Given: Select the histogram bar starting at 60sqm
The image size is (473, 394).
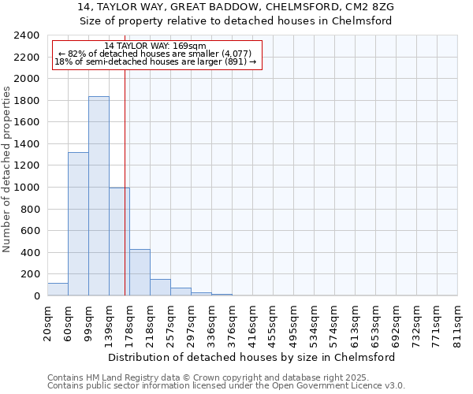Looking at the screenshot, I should point(78,224).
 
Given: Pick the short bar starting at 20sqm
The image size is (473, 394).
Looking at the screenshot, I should point(58,289).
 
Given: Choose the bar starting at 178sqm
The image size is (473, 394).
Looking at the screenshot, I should point(140,273).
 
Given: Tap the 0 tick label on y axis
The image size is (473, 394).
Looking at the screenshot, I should point(36,296).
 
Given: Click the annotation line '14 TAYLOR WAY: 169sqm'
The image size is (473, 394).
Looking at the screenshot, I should point(155,46).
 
